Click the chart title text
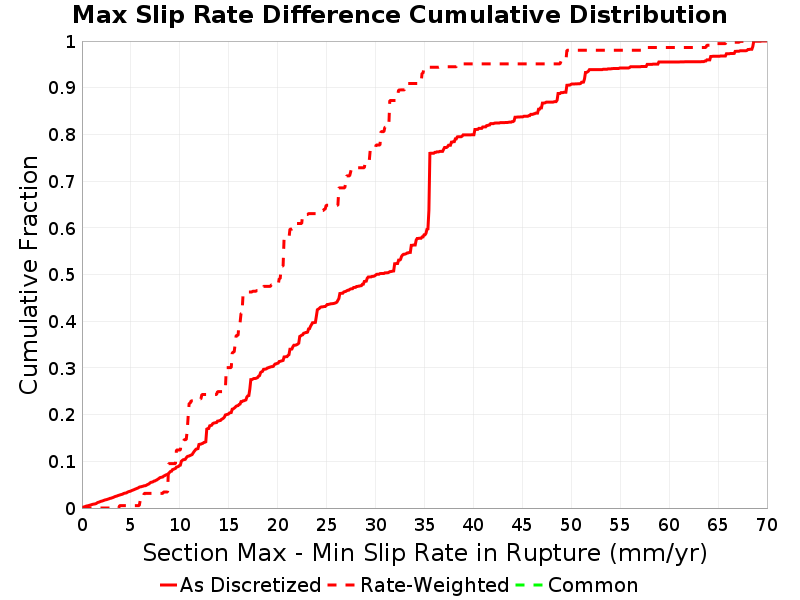tap(399, 15)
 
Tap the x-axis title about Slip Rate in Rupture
tap(425, 553)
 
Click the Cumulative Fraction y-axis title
tap(29, 275)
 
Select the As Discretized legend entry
tap(240, 585)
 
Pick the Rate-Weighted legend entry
tap(418, 585)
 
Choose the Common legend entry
tap(577, 585)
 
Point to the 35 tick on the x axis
tap(424, 524)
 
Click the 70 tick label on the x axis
tap(767, 524)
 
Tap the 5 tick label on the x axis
tap(131, 524)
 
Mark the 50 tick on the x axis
tap(571, 524)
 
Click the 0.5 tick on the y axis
tap(62, 275)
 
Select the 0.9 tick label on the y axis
tap(62, 88)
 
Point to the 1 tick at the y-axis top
tap(71, 41)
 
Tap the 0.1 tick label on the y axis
tap(62, 462)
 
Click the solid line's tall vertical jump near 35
tap(429, 190)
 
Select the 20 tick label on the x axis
tap(278, 524)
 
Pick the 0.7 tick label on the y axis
tap(62, 182)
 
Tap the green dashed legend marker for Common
tap(529, 585)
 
